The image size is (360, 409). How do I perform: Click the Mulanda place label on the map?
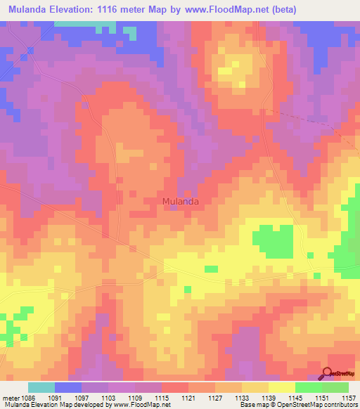(181, 202)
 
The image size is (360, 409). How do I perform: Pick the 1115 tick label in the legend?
(162, 398)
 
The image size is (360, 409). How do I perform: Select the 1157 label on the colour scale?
(347, 398)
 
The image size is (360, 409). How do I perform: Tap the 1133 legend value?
(242, 398)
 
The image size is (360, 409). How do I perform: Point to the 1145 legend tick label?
(295, 398)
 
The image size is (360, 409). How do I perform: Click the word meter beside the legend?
(10, 398)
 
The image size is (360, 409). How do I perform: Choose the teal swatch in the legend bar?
(41, 387)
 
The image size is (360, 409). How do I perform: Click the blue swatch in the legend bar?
(68, 387)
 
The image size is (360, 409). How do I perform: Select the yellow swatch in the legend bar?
(282, 387)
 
